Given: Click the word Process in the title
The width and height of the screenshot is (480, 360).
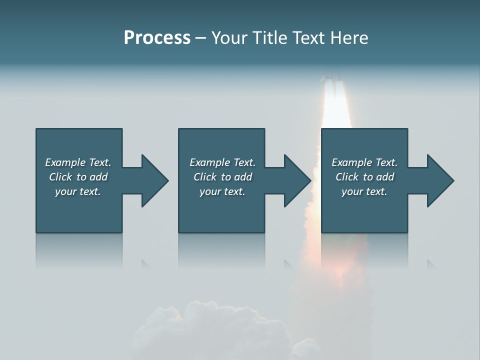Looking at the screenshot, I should point(157,38).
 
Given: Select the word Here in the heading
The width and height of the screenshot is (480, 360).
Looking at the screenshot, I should point(349,38).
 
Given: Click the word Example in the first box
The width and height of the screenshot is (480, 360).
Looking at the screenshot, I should point(65,162).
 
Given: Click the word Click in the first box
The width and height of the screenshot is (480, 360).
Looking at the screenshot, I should point(60,177).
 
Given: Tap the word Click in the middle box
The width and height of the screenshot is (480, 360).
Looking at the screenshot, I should point(205,177).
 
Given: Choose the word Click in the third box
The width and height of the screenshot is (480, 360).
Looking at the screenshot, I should point(347,177).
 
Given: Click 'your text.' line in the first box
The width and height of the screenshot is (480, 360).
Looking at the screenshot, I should point(78,191).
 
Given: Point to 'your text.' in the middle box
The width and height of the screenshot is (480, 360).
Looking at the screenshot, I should point(222,191).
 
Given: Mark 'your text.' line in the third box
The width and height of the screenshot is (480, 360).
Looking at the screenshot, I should point(364,191).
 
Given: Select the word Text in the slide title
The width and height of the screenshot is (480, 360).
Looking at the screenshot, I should point(307,38).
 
